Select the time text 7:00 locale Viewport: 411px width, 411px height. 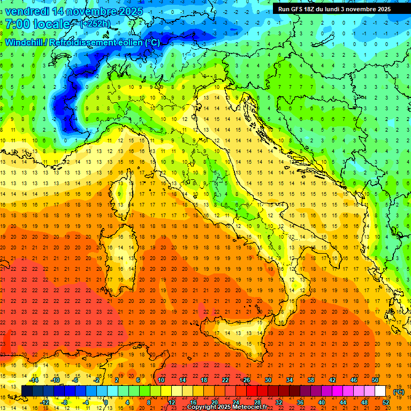37,24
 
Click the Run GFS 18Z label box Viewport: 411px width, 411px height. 334,9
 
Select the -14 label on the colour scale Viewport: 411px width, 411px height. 33,380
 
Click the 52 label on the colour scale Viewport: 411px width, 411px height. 386,402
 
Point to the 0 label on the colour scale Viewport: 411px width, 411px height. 106,402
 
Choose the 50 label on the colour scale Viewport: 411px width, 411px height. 375,380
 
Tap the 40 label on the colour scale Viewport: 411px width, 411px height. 322,402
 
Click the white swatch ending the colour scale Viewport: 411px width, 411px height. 380,391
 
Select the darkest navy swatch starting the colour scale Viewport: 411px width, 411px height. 27,391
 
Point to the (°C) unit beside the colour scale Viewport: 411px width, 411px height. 399,392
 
